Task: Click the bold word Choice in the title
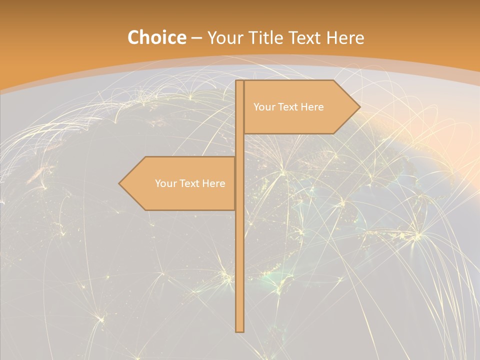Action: tap(156, 38)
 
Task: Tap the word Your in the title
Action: tap(223, 38)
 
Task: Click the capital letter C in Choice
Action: tap(133, 38)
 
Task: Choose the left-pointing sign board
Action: tap(180, 183)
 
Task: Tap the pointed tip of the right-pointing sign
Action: tap(358, 106)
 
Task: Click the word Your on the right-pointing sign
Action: tap(264, 107)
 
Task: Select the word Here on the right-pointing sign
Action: tap(313, 107)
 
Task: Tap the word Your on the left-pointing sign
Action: tap(165, 183)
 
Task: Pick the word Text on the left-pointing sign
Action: tap(190, 183)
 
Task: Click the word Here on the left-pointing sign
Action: tap(214, 183)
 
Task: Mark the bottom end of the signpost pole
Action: tap(239, 330)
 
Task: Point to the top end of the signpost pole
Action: tap(239, 82)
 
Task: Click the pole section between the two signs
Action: tap(239, 145)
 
